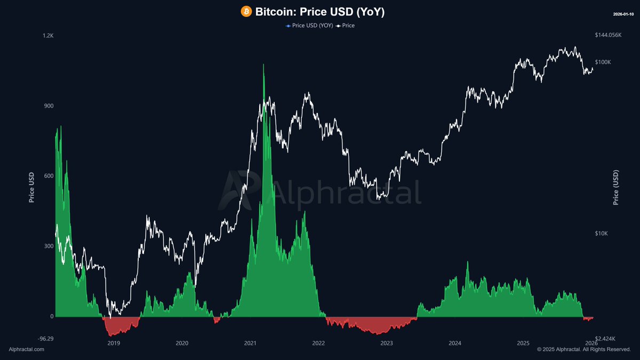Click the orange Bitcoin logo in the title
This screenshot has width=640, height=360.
[246, 12]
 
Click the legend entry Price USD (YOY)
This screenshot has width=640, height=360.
[309, 26]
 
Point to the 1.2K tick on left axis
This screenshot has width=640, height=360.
[48, 36]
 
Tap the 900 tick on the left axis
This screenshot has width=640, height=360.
[49, 106]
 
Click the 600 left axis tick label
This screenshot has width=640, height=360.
[49, 176]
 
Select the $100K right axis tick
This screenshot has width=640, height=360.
[603, 62]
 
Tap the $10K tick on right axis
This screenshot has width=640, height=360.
[602, 234]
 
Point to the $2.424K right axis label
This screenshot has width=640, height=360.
[605, 338]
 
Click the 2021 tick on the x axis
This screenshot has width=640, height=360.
[250, 343]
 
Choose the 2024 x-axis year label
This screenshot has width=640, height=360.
[455, 343]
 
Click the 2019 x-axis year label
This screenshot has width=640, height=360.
[114, 343]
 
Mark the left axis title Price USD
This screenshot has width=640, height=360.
[31, 187]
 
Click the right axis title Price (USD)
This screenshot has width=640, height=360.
[616, 187]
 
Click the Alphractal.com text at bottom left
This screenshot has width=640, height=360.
[27, 349]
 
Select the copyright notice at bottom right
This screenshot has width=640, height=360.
[583, 349]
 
